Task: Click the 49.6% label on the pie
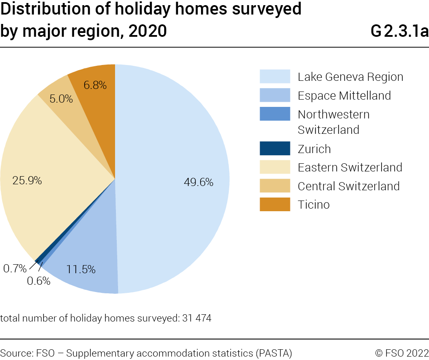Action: tap(198, 183)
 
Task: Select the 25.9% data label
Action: tap(27, 180)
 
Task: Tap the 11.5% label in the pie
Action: tap(81, 269)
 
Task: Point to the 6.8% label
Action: tap(95, 85)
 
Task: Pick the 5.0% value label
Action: tap(61, 99)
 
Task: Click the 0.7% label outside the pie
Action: tap(15, 269)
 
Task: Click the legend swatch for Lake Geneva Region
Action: tap(275, 77)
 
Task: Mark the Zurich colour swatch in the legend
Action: tap(275, 148)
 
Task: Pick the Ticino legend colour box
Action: tap(275, 204)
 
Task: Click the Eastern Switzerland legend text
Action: tap(350, 167)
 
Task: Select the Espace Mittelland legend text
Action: tap(344, 95)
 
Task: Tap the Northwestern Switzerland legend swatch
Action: tap(275, 115)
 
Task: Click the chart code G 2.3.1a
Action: tap(399, 31)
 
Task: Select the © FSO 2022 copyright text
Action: tap(402, 353)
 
